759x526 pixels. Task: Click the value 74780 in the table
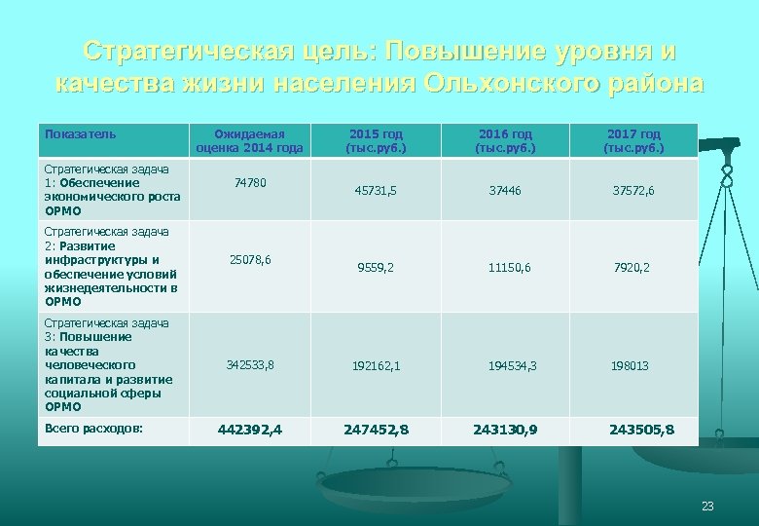pyautogui.click(x=249, y=182)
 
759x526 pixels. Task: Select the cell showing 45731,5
pyautogui.click(x=375, y=191)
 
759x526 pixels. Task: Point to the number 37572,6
pyautogui.click(x=633, y=191)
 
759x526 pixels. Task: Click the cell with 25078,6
pyautogui.click(x=249, y=260)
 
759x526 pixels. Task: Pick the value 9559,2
pyautogui.click(x=375, y=267)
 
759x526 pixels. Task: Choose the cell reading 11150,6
pyautogui.click(x=511, y=267)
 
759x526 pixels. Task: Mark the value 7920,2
pyautogui.click(x=632, y=267)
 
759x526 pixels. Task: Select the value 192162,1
pyautogui.click(x=377, y=366)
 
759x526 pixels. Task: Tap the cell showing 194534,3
pyautogui.click(x=513, y=366)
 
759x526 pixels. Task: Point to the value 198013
pyautogui.click(x=630, y=366)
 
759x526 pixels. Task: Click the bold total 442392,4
pyautogui.click(x=250, y=430)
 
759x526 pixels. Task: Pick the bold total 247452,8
pyautogui.click(x=377, y=430)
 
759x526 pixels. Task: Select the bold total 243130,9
pyautogui.click(x=506, y=430)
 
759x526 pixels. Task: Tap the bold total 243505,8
pyautogui.click(x=641, y=430)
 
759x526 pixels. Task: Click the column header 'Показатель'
pyautogui.click(x=81, y=133)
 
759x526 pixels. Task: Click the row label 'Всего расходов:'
pyautogui.click(x=93, y=429)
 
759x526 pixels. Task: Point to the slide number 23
pyautogui.click(x=707, y=506)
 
